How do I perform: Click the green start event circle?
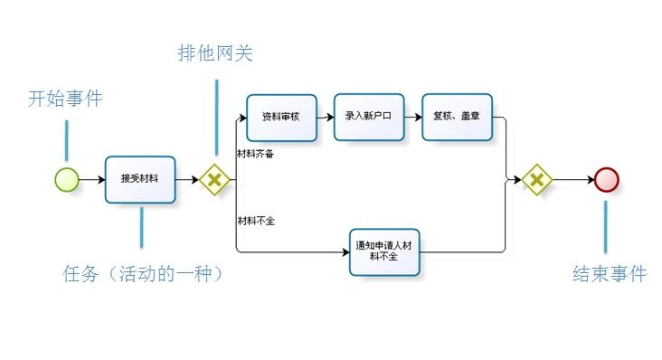tap(67, 179)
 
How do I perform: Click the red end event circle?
tap(607, 179)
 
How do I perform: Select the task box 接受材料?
tap(139, 179)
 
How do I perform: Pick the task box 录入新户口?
tap(368, 117)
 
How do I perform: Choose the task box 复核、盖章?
tap(457, 117)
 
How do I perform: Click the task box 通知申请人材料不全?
tap(384, 251)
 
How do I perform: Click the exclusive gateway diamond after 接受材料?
tap(214, 179)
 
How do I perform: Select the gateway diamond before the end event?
tap(536, 179)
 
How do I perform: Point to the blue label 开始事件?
tap(65, 99)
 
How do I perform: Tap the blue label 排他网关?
tap(215, 53)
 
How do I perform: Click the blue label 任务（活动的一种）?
tap(143, 274)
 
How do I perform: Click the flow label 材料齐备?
tap(256, 154)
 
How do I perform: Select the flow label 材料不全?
tap(256, 221)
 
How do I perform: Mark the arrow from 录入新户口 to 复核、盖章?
tap(412, 118)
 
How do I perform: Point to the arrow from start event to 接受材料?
tap(91, 179)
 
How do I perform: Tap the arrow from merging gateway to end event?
tap(572, 179)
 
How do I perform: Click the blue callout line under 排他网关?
tap(216, 117)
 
